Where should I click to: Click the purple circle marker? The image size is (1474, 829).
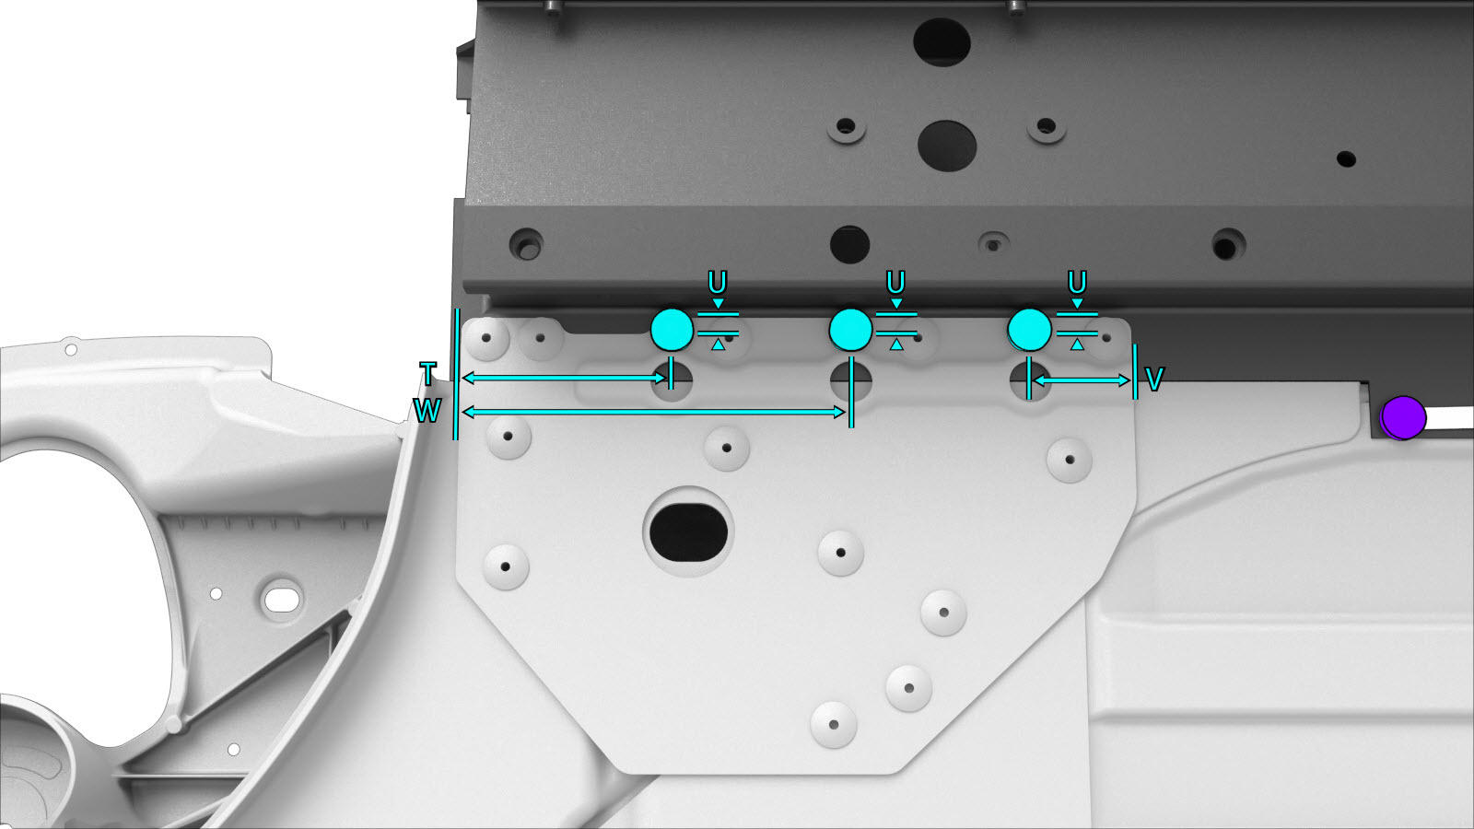tap(1402, 417)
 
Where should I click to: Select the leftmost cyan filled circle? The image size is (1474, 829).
tap(672, 329)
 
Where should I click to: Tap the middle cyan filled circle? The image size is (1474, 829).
tap(851, 329)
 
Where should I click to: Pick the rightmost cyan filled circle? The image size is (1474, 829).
tap(1029, 329)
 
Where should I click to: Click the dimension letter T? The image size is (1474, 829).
tap(427, 374)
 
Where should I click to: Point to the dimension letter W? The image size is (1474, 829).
tap(427, 411)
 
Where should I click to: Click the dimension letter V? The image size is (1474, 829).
tap(1154, 379)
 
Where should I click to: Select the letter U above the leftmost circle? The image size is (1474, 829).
tap(718, 283)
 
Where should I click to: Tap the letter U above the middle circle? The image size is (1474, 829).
tap(895, 283)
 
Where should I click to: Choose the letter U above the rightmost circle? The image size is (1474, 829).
tap(1077, 283)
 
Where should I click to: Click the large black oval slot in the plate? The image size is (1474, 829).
tap(688, 532)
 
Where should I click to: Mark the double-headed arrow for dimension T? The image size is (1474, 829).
tap(565, 378)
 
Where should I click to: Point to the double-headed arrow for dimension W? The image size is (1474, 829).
tap(653, 413)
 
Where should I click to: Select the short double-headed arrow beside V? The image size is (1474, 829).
tap(1082, 380)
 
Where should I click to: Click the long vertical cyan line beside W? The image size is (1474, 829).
tap(455, 374)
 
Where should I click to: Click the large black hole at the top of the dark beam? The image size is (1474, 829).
tap(942, 42)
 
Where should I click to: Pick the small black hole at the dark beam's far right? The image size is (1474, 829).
tap(1346, 159)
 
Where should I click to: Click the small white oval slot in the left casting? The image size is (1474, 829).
tap(282, 600)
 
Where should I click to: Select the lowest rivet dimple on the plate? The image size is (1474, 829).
tap(834, 724)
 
